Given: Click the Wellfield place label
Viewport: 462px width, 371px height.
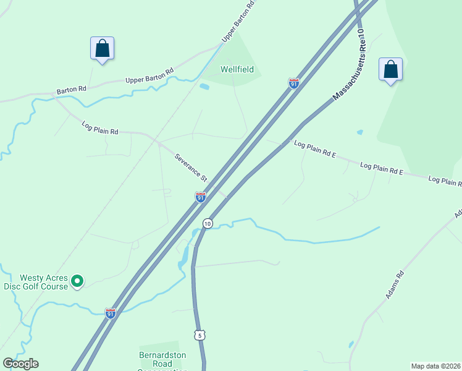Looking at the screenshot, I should click(x=238, y=69).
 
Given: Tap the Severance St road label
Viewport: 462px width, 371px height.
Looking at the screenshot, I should click(x=191, y=168).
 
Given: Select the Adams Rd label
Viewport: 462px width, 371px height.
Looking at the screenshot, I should click(x=395, y=285).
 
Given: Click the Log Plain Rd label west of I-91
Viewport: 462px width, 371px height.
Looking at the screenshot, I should click(x=99, y=128).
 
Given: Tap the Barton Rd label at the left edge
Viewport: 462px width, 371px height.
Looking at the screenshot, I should click(x=71, y=90).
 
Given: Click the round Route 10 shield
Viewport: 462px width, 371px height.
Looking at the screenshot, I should click(x=208, y=223).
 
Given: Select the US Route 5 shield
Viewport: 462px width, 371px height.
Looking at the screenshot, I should click(x=199, y=335).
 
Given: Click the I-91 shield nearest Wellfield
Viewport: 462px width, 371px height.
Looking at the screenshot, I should click(x=294, y=83).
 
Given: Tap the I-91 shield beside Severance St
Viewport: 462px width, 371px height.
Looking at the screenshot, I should click(x=200, y=197).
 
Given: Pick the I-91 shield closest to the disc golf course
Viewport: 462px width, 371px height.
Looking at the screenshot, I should click(x=110, y=313).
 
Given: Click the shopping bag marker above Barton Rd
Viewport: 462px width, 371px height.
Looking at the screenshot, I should click(x=103, y=49).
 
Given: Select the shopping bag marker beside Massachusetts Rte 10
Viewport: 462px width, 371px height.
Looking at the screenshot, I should click(x=390, y=70).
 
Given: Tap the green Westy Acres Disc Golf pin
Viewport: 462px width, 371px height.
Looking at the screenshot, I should click(x=77, y=281).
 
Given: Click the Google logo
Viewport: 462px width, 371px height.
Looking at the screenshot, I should click(x=20, y=364).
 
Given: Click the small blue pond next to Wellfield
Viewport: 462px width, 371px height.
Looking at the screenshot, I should click(x=204, y=87).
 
